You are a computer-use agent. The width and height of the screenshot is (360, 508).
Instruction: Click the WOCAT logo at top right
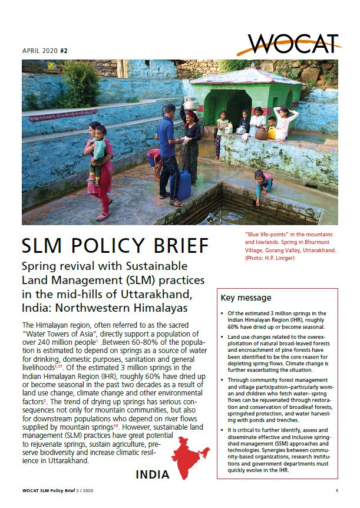pyautogui.click(x=293, y=43)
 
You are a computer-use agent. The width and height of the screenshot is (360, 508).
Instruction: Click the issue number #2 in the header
pyautogui.click(x=64, y=51)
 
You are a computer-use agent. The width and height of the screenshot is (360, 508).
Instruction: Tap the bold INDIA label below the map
pyautogui.click(x=153, y=474)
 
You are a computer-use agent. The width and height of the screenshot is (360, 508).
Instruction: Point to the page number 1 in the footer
pyautogui.click(x=336, y=491)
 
